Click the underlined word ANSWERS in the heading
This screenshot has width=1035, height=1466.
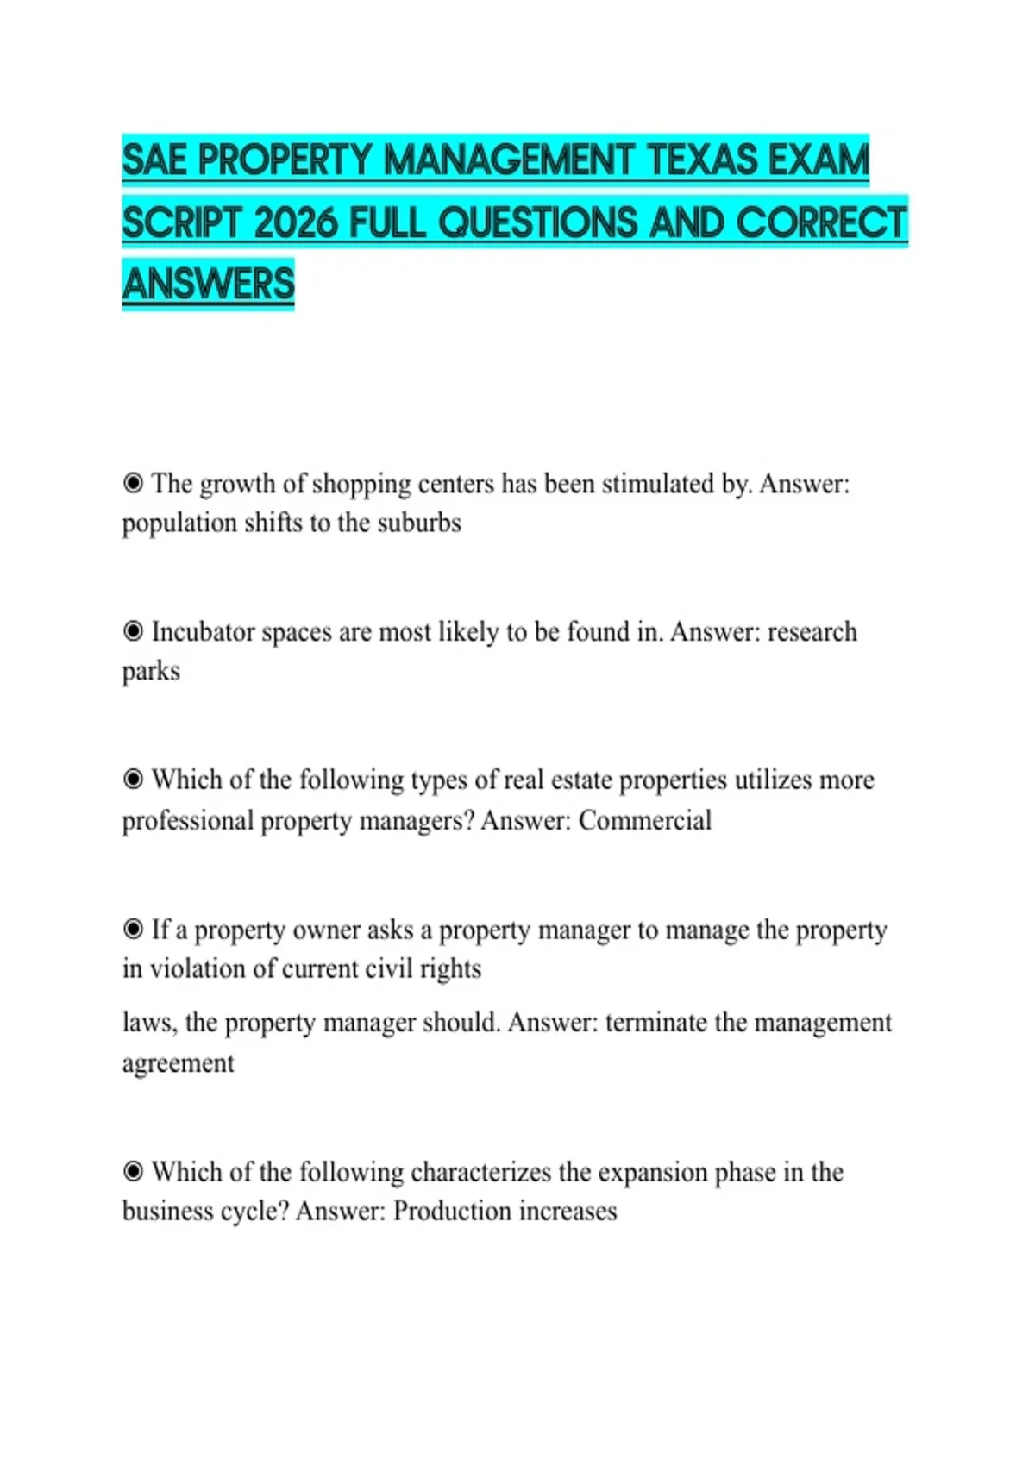click(208, 285)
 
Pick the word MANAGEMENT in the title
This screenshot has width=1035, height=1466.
click(508, 161)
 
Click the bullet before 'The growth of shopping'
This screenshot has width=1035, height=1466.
click(133, 483)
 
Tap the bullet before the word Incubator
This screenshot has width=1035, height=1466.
click(133, 631)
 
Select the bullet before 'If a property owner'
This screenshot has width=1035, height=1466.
click(133, 929)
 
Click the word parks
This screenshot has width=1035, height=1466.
click(151, 672)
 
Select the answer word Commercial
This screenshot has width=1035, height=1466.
click(644, 820)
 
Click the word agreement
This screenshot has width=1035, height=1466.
click(178, 1064)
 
